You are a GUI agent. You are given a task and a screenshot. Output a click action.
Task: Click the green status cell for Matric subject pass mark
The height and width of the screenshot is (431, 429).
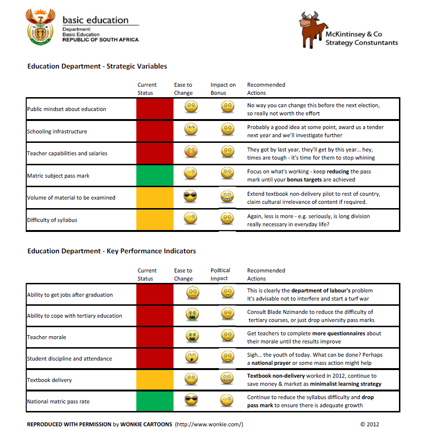click(154, 176)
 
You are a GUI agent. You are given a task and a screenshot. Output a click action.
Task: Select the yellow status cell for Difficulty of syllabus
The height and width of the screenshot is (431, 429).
click(154, 220)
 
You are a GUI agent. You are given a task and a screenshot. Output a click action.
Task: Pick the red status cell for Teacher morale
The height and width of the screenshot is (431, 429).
click(154, 337)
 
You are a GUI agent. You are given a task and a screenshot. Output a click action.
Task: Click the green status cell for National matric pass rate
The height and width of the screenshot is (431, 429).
click(154, 401)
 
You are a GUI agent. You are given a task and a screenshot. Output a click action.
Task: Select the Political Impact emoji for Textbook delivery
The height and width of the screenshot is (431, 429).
click(228, 379)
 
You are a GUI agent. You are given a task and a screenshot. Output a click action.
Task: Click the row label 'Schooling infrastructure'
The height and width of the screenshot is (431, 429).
click(57, 131)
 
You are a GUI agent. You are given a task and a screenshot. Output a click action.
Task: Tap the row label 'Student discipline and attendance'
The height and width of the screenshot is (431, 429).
click(70, 359)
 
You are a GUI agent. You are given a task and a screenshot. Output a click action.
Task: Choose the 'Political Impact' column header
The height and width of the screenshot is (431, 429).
click(220, 274)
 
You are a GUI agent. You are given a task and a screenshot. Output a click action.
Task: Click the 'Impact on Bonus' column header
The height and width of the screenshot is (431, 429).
click(223, 89)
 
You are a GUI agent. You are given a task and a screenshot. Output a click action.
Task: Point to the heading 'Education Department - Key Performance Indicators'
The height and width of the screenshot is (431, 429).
click(112, 251)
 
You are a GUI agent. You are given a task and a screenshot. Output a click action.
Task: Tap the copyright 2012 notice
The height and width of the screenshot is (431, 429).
click(369, 424)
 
